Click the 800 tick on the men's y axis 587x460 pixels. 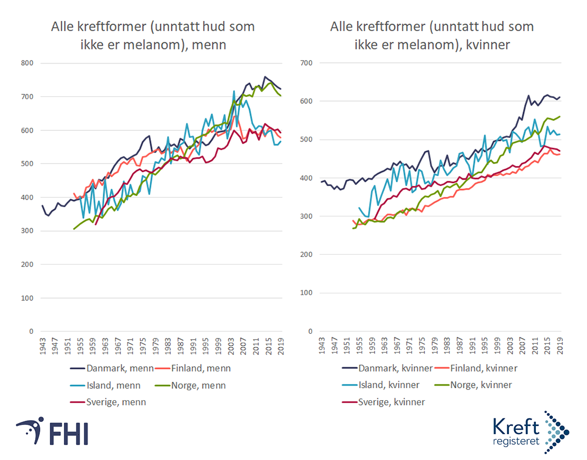click(x=28, y=63)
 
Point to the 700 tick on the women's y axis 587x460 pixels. click(x=306, y=63)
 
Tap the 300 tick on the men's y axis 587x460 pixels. click(x=28, y=231)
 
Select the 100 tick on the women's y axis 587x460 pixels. click(x=306, y=293)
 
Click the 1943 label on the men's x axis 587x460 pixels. click(x=43, y=347)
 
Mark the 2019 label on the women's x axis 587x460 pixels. click(x=561, y=347)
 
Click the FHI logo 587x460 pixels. click(x=53, y=433)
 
